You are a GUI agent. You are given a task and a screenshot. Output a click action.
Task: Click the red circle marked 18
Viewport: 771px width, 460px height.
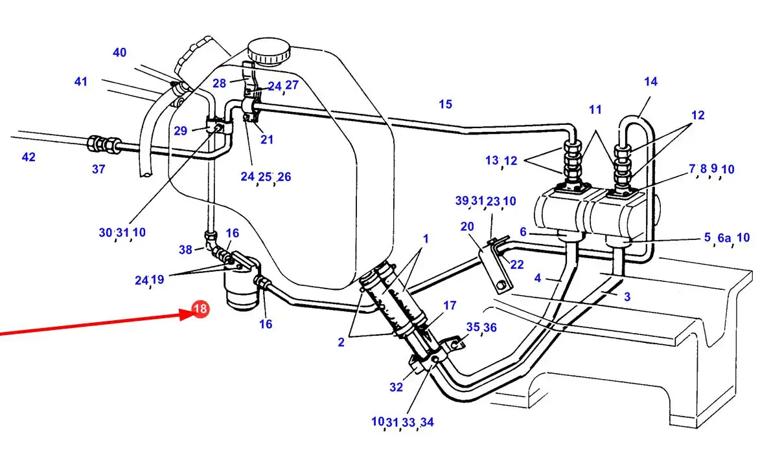tap(201, 309)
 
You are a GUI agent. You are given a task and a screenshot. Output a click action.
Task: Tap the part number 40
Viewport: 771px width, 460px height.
tap(119, 52)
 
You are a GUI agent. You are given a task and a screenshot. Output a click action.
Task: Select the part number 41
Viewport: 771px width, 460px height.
tap(80, 82)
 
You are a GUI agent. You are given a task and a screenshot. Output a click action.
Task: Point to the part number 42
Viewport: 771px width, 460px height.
tap(29, 157)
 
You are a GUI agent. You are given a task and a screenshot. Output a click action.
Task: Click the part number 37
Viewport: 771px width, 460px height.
tap(98, 170)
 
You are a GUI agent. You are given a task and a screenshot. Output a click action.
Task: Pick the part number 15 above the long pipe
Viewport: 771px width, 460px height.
tap(446, 104)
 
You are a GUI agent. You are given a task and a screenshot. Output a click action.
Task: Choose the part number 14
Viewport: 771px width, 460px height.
tap(650, 82)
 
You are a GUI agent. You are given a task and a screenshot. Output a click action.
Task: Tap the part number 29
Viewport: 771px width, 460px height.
tap(181, 131)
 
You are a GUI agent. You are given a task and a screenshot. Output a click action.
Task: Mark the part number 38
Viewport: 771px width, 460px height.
tap(185, 250)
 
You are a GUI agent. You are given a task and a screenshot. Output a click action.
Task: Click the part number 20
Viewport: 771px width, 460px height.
tap(467, 226)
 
